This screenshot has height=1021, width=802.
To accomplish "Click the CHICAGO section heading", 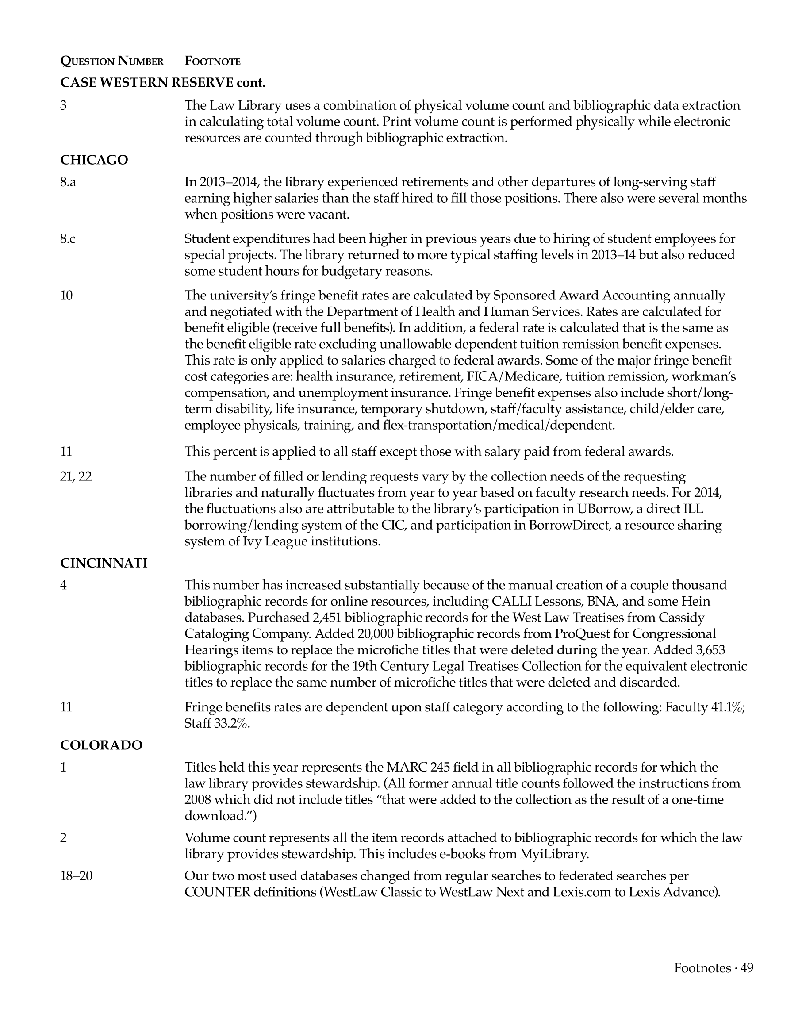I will pos(94,160).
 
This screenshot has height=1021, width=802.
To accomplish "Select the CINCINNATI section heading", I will pos(104,563).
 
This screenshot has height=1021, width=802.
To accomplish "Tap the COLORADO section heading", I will pos(101,745).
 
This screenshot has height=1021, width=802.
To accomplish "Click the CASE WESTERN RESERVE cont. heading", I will pos(163,83).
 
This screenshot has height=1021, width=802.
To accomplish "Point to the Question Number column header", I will pos(112,61).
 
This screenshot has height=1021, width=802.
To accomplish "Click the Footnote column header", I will pos(212,61).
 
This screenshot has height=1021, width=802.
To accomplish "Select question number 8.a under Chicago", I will pos(68,182).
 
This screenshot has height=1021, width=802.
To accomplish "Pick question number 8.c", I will pos(68,239).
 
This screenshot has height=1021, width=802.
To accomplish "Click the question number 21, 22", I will pos(76,477).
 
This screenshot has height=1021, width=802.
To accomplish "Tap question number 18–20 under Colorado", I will pos(76,876).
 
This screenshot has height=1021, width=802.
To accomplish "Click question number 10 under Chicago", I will pos(67,296).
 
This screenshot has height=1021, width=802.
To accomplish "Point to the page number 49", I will pos(747,968).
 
